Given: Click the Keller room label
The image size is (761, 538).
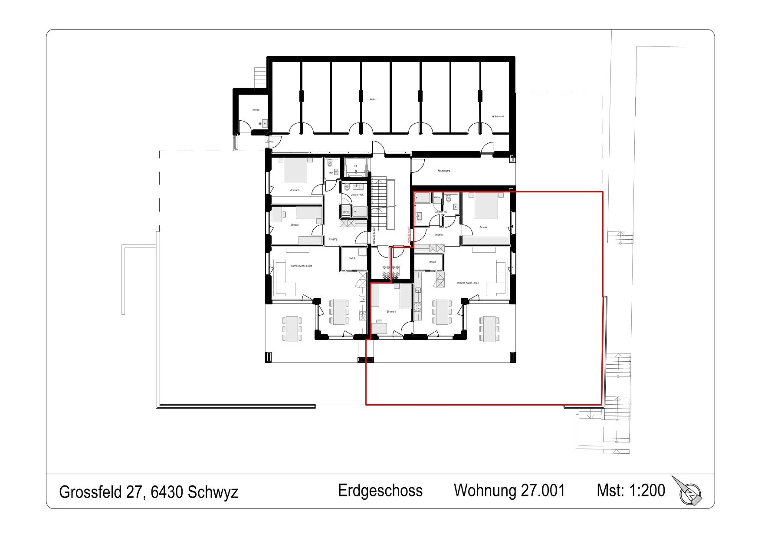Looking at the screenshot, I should pos(372,99).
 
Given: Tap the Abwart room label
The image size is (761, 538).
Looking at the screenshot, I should pos(256,110).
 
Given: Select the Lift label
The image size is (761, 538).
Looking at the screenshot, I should pos(355,166).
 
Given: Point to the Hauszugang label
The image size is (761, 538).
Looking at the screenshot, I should pos(444,171).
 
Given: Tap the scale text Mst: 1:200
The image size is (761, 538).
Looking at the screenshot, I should pos(630,490).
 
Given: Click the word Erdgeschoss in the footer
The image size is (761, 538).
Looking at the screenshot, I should pos(380,491).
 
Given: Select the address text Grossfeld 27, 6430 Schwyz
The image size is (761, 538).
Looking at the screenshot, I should pos(148,492).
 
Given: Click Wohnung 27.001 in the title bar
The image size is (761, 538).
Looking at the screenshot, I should pos(509,491).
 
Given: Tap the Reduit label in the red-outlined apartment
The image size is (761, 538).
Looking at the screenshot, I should pos(432,262).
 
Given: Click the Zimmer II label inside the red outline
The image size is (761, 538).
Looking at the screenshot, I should pos(391,311).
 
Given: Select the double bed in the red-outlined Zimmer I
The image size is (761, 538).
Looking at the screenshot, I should pos(486,206).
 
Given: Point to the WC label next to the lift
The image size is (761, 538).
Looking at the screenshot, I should pos(331,173).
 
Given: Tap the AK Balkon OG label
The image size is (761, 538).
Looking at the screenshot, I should pos(498,116).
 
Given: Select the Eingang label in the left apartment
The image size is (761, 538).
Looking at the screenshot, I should pos(333,239).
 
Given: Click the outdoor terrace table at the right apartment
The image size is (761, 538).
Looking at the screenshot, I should pos(489,329).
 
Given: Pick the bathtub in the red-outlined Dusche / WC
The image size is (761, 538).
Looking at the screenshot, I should pos(423,199).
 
